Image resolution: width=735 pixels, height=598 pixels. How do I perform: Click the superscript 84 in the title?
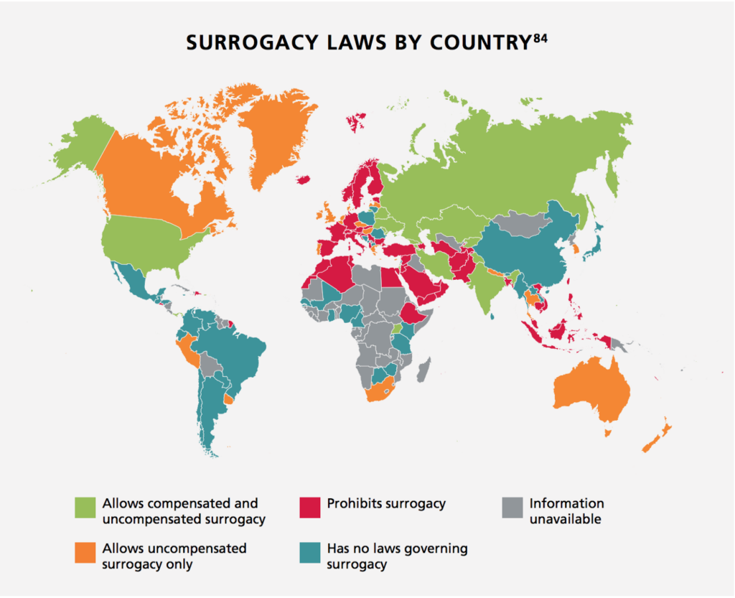pyautogui.click(x=540, y=37)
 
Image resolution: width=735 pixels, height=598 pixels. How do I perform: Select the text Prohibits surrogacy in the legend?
pyautogui.click(x=386, y=503)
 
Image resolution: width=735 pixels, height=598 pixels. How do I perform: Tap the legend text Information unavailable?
pyautogui.click(x=566, y=510)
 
